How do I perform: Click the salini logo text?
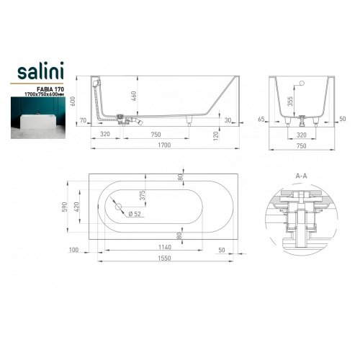[40, 71]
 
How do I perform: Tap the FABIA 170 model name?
[50, 89]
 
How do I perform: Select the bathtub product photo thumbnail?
[37, 118]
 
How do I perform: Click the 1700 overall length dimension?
[164, 145]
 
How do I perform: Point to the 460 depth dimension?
[134, 96]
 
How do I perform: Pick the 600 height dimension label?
[73, 101]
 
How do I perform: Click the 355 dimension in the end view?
[290, 102]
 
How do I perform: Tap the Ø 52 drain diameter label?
[135, 214]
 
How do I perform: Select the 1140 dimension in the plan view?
[165, 247]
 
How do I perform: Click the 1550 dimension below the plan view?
[164, 258]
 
